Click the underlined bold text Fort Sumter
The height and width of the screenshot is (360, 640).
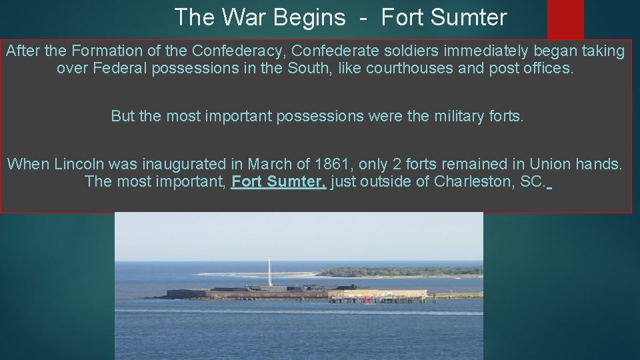coord(278,181)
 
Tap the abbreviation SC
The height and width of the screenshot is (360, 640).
coord(531,181)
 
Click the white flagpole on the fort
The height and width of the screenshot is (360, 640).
coord(269,273)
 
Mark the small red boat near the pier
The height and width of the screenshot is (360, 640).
coord(366,300)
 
